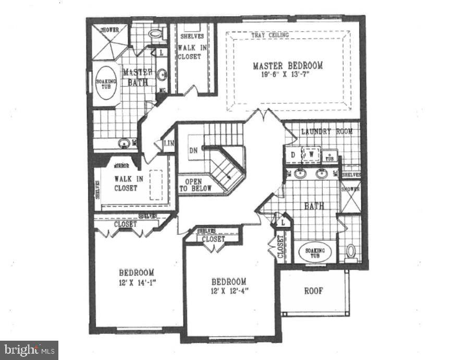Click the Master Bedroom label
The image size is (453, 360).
287,66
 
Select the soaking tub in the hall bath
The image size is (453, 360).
315,253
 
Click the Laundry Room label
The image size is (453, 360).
326,131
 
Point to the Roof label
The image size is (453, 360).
313,291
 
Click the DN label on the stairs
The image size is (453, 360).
193,150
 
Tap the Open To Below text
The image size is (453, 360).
195,185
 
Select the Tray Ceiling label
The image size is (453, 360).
270,35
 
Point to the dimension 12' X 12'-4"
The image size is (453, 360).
229,291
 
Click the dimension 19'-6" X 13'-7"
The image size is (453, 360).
287,75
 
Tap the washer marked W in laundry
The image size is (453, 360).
312,155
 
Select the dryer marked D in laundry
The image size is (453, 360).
293,155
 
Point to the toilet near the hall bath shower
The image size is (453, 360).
351,251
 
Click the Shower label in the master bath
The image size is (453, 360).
109,30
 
